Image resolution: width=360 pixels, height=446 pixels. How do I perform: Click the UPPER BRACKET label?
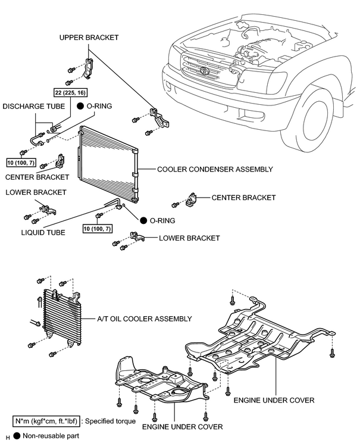point(89,38)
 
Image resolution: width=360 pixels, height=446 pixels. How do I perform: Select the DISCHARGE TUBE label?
point(34,107)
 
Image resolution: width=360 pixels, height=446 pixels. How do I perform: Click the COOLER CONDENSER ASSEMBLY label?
point(215,169)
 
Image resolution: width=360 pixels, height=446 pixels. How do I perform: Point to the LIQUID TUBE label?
point(43,233)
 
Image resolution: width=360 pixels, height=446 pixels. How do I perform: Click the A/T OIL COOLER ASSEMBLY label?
point(145,319)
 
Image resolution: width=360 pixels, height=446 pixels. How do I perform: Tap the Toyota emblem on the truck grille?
point(204,70)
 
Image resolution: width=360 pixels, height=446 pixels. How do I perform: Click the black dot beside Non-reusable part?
point(17,436)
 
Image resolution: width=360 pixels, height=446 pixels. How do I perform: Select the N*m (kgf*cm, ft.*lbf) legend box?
point(46,421)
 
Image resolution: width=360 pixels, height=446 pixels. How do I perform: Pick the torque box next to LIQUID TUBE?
point(98,229)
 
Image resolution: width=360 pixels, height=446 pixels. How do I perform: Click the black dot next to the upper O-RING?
point(80,106)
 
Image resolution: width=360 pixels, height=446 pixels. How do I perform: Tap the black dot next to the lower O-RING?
point(143,220)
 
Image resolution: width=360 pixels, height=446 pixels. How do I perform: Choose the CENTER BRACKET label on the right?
point(243,198)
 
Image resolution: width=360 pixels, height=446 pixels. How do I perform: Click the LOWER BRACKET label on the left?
point(36,192)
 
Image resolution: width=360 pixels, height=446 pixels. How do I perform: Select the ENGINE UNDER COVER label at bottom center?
point(183,427)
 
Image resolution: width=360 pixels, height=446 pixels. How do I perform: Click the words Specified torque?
point(110,421)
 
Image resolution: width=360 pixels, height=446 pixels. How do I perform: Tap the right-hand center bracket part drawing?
point(191,199)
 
